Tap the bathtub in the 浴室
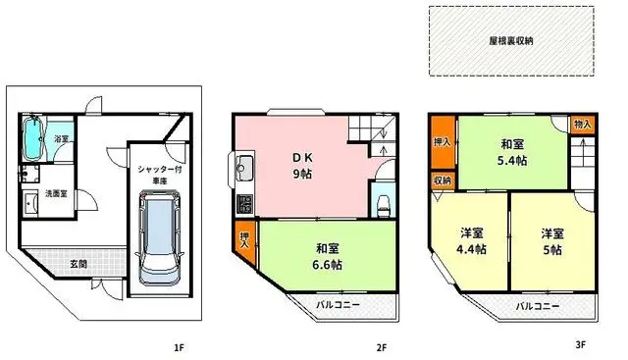coord(33,140)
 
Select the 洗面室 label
coord(56,194)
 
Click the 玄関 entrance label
coord(79,263)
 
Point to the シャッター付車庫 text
coord(159,176)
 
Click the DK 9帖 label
coord(299,164)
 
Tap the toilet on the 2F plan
coord(384,203)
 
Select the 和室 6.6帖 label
coord(329,257)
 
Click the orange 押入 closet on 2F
coord(245,241)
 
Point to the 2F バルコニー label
coord(338,305)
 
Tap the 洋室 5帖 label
coord(551,241)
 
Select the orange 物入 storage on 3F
coord(583,125)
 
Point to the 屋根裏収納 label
coord(511,41)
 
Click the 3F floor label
coord(580,344)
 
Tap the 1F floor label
coord(179,347)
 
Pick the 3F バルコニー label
coord(539,306)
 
